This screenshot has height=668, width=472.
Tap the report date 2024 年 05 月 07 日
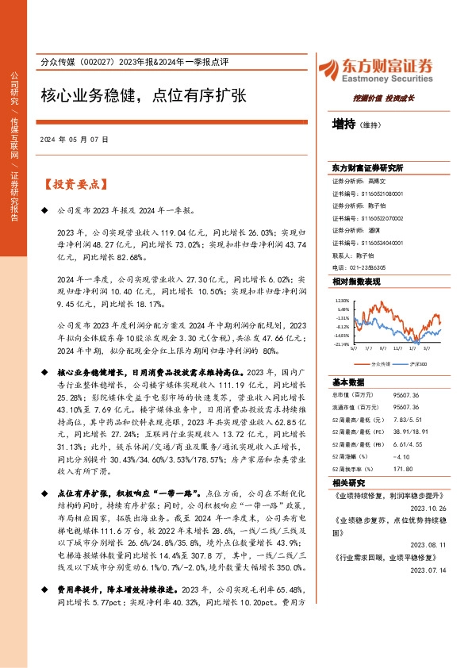74,139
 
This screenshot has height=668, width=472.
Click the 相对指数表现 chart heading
355,282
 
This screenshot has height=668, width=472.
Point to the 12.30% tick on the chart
342,301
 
